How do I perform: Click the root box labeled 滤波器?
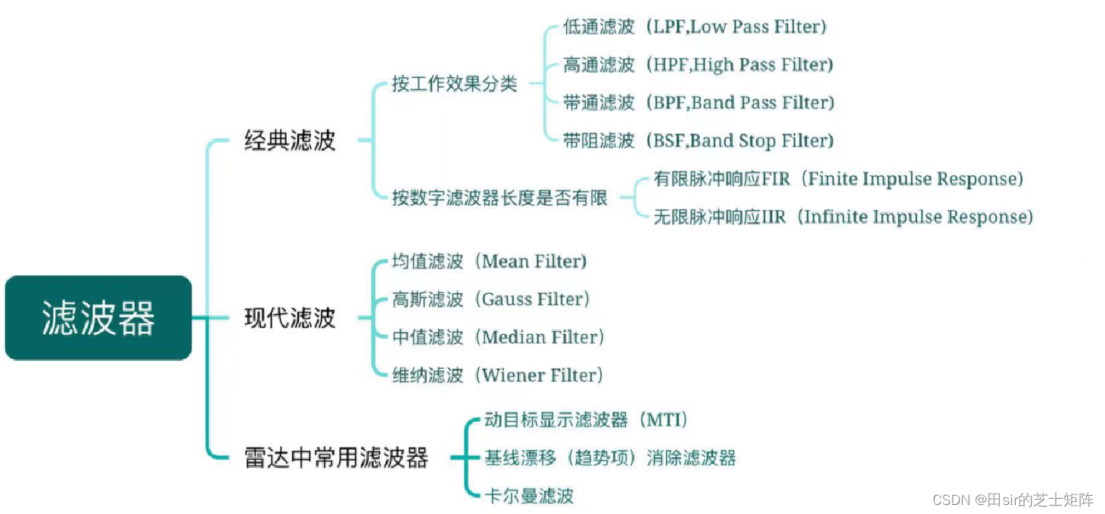(98, 317)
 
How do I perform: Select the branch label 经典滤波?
(290, 141)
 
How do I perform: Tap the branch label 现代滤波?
(290, 318)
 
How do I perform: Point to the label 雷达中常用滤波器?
(336, 458)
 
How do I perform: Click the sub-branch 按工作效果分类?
(454, 84)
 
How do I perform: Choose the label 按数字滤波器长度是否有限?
(500, 198)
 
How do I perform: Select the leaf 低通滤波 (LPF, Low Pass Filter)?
(695, 27)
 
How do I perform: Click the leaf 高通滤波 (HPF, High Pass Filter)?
(698, 65)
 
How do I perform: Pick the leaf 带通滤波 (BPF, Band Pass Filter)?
(699, 103)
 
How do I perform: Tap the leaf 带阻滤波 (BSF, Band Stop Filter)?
(698, 141)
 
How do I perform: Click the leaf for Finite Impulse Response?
(839, 179)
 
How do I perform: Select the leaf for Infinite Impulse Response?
(843, 217)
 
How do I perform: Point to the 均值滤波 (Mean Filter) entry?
(490, 262)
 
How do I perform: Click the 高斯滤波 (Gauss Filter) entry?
(491, 299)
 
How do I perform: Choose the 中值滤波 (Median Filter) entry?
(498, 337)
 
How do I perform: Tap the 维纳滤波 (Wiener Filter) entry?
(497, 375)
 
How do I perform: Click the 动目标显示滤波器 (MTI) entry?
(587, 420)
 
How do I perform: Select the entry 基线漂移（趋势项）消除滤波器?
(610, 458)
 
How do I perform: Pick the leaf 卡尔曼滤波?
(529, 496)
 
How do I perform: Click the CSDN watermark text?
(1013, 500)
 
